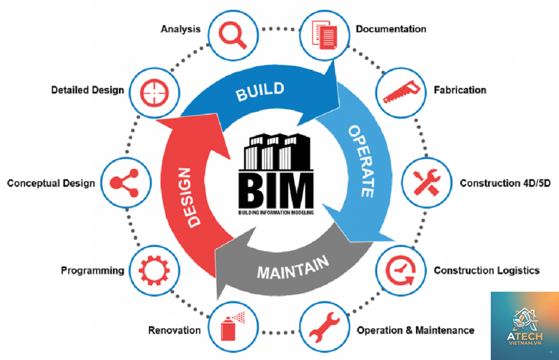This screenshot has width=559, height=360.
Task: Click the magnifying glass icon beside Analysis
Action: pos(233,35)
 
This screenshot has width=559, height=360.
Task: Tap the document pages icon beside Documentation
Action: pos(324,34)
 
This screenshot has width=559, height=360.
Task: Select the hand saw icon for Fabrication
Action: pos(401,92)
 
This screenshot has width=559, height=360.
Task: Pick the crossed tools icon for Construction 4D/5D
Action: pos(427,182)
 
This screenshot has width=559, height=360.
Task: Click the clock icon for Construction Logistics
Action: pos(401,270)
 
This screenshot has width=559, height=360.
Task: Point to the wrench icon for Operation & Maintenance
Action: pos(324,327)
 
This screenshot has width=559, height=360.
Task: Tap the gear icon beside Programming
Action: pos(154,270)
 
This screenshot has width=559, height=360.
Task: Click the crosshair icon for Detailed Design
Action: pos(154,93)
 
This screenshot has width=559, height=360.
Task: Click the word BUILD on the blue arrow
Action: pos(260,91)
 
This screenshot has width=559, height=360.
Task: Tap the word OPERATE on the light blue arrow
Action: pos(361,161)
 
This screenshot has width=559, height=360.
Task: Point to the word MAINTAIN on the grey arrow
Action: pos(293,268)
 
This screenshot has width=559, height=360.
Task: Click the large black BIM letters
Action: pos(276,191)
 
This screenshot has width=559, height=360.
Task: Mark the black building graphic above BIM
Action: pos(276,152)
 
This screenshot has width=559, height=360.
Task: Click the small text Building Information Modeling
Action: pos(276,213)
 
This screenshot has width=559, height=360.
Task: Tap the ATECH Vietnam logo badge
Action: pos(525,326)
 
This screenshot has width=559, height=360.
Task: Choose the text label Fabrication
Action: pos(460,90)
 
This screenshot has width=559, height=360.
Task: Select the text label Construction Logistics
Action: pos(486,270)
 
